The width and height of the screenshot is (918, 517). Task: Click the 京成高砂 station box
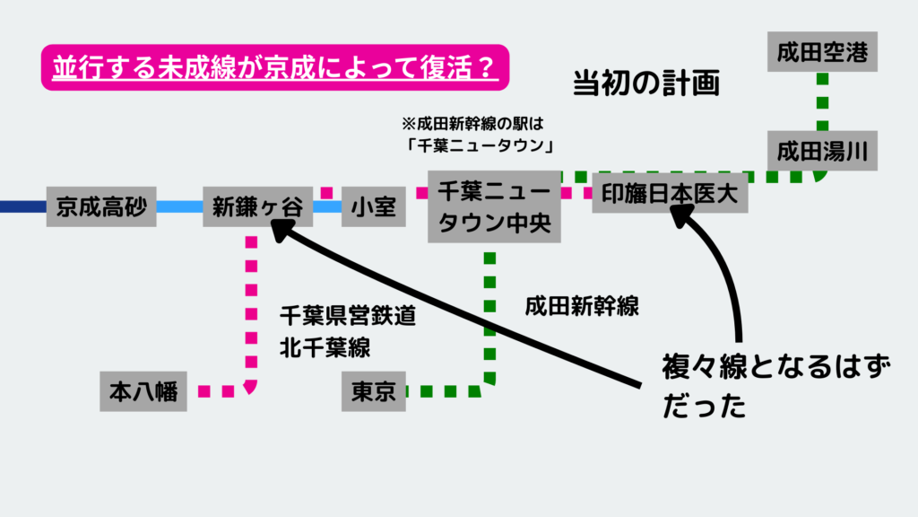(x=101, y=207)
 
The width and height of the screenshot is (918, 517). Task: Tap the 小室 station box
(x=374, y=207)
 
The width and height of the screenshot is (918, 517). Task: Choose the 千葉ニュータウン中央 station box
(x=494, y=206)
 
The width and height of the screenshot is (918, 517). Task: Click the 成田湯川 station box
(x=821, y=150)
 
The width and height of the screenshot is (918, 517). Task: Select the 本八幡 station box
(x=143, y=391)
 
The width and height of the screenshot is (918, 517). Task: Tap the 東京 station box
(x=374, y=391)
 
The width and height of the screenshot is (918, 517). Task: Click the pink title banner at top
(x=274, y=68)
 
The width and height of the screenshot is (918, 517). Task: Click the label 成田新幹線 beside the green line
(x=582, y=306)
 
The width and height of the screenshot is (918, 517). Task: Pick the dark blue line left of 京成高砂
(x=22, y=207)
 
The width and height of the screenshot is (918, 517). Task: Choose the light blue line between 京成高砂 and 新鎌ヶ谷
(x=179, y=207)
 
